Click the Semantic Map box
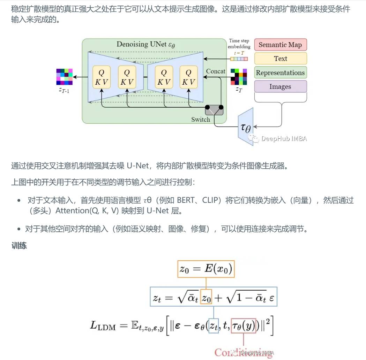[x=281, y=45]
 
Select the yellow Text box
[x=281, y=59]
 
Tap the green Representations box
[x=281, y=73]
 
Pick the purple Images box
[x=281, y=87]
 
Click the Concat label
[x=216, y=71]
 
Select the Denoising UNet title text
[x=146, y=45]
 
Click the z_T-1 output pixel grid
[x=64, y=77]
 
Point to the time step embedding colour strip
[x=239, y=59]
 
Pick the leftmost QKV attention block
[x=102, y=77]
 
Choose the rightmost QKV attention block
[x=188, y=77]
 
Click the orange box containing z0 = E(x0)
[x=206, y=269]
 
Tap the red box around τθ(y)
[x=244, y=326]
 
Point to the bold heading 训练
[x=19, y=246]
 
